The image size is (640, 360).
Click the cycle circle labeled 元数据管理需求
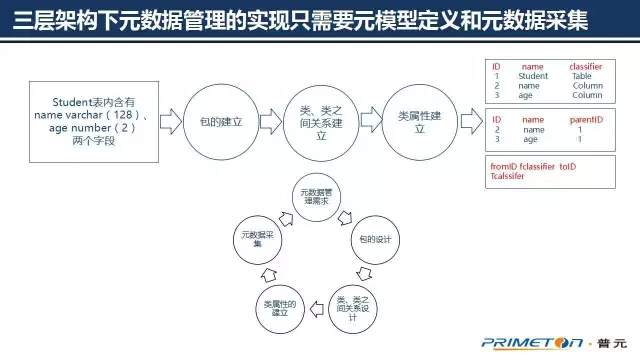click(x=320, y=197)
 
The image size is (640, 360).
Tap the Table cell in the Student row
click(x=582, y=76)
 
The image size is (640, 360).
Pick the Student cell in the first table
click(x=533, y=76)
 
